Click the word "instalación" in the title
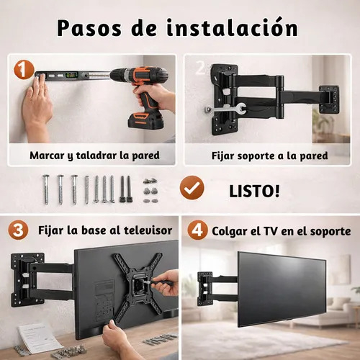tap(233, 28)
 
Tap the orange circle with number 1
tap(24, 69)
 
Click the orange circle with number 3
tap(18, 230)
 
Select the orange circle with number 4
tap(197, 230)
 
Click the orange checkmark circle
tap(192, 187)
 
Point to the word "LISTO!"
tap(254, 192)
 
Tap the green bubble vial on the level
tap(72, 75)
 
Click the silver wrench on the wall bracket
tap(225, 109)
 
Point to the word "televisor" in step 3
tap(148, 230)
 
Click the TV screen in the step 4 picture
tap(282, 289)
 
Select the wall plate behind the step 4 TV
tap(204, 289)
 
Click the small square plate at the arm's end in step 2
tap(329, 99)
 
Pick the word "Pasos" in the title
tap(89, 28)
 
